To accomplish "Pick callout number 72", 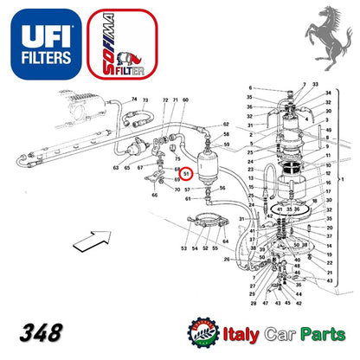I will (164, 101).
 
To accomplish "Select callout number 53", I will (183, 248).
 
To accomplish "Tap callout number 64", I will (224, 241).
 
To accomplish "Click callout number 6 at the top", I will (251, 89).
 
